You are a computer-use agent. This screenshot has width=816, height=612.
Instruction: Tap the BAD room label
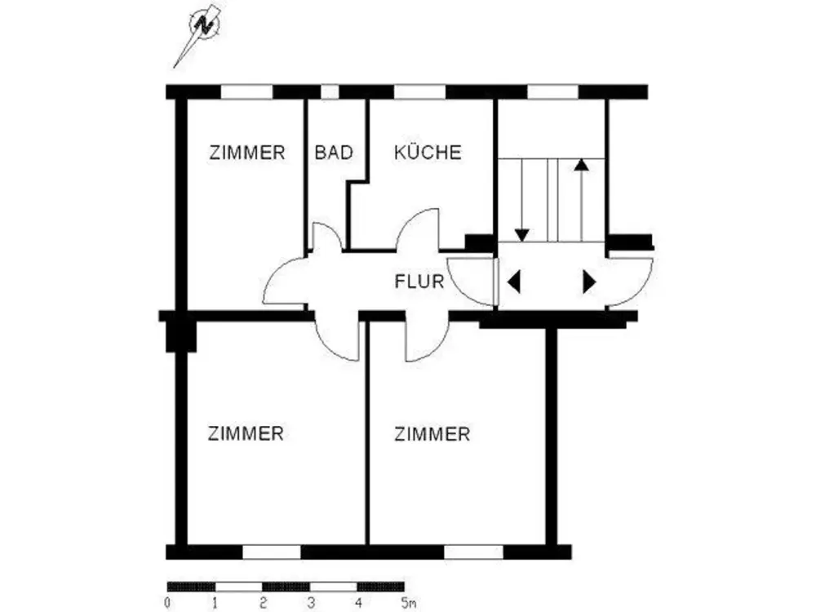(x=334, y=153)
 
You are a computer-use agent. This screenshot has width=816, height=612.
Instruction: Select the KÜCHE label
(x=428, y=152)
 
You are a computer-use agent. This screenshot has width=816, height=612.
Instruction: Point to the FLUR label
(x=419, y=282)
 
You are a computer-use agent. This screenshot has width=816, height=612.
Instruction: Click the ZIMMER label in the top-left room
(x=247, y=153)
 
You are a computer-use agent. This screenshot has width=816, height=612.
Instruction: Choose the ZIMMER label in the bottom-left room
(x=246, y=433)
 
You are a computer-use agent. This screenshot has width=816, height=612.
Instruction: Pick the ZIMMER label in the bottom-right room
(x=432, y=434)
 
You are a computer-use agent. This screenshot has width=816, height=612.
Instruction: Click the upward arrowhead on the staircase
(x=581, y=165)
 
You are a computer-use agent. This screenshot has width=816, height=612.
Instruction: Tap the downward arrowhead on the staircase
(x=521, y=235)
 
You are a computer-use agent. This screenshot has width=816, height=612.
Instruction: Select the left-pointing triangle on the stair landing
(x=513, y=282)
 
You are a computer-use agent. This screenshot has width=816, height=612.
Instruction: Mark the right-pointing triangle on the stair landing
(x=590, y=282)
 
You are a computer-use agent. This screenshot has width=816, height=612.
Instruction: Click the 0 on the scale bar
(x=167, y=603)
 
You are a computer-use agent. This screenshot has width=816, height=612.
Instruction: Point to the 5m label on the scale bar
(x=408, y=603)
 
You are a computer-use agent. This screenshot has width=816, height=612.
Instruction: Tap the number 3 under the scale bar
(x=311, y=603)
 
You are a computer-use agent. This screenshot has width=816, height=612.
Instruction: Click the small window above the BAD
(x=330, y=92)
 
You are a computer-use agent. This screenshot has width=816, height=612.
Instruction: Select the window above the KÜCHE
(x=419, y=92)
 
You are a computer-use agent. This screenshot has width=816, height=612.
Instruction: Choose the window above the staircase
(x=552, y=92)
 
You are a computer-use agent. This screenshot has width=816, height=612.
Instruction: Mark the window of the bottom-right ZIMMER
(x=473, y=552)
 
